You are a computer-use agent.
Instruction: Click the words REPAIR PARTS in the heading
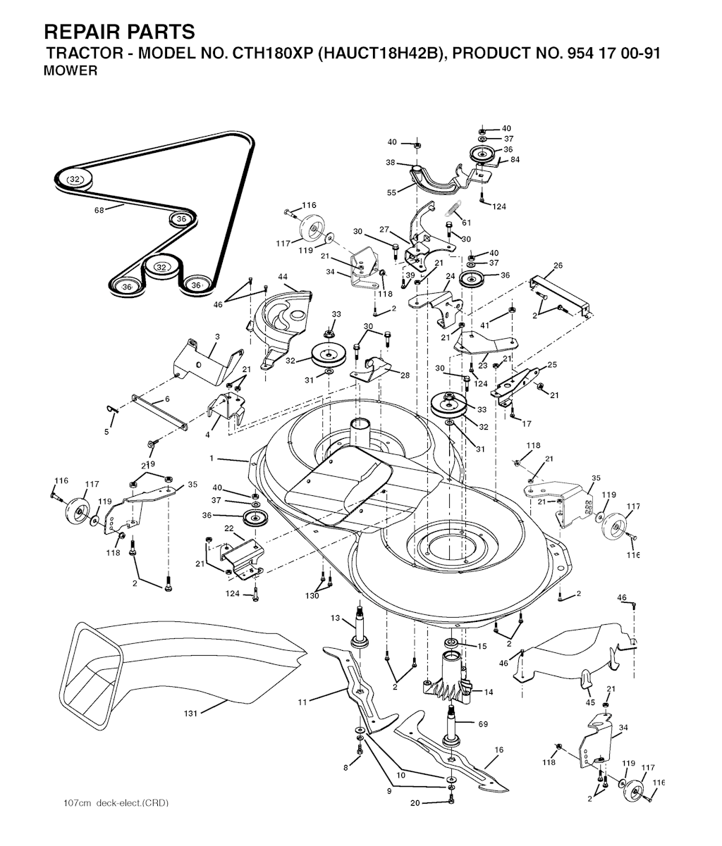point(119,32)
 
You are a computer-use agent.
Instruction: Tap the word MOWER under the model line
point(71,71)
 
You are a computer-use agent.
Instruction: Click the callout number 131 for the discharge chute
point(190,714)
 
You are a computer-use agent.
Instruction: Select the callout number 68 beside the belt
point(99,210)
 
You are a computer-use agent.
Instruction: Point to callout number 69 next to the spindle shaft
point(483,724)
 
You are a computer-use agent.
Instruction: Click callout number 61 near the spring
point(466,223)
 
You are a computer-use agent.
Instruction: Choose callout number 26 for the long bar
point(558,266)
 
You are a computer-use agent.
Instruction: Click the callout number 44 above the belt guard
point(283,277)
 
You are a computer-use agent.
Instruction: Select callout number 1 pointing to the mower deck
point(212,459)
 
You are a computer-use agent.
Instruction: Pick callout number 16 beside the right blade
point(499,749)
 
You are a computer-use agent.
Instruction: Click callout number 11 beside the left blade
point(302,702)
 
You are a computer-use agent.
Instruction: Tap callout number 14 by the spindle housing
point(489,692)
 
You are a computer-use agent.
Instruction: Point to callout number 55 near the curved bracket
point(392,192)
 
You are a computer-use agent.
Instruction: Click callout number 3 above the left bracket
point(217,337)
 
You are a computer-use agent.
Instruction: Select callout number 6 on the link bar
point(167,399)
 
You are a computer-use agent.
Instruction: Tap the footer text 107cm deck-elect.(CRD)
point(116,803)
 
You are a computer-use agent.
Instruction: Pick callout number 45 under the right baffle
point(590,703)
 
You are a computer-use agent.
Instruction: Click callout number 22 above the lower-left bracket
point(228,528)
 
